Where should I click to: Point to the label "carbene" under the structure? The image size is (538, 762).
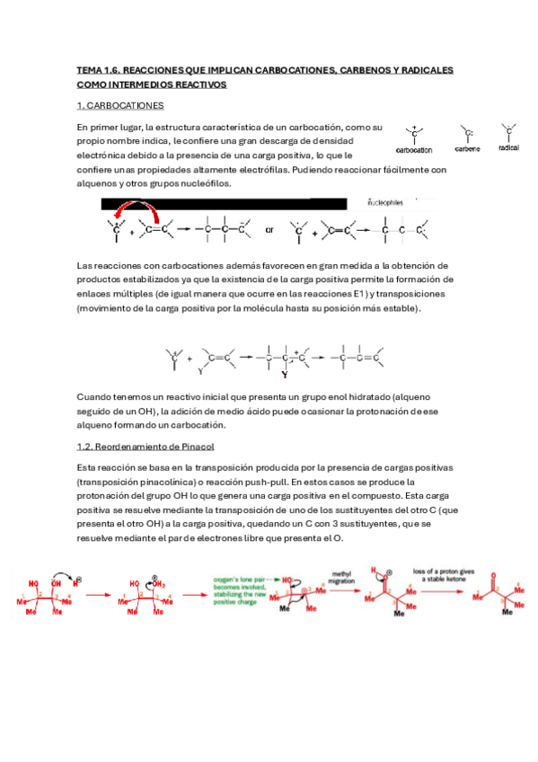467,148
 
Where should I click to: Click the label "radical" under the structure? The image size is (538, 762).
508,146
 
